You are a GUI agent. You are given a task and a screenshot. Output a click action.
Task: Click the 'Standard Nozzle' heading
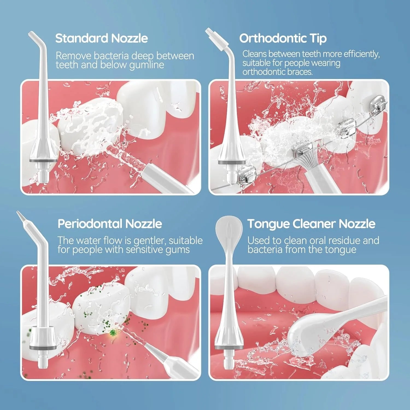[101, 38]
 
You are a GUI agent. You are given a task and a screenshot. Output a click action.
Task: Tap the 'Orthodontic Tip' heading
[283, 38]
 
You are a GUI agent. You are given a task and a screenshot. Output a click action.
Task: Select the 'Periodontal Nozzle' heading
[110, 224]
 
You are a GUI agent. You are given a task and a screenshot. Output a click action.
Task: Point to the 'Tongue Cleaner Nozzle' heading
[311, 224]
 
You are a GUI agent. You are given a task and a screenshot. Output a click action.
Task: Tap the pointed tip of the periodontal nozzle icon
[20, 216]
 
